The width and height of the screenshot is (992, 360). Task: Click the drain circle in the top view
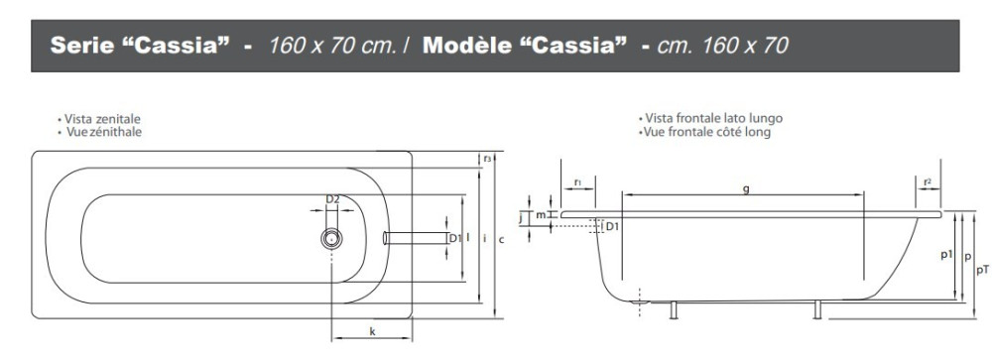331,239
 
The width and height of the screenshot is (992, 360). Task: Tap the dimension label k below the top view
372,331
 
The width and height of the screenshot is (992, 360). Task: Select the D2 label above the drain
332,199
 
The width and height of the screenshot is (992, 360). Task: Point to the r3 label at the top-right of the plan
487,159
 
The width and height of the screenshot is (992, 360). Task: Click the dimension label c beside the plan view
501,239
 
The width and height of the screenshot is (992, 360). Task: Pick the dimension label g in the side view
746,188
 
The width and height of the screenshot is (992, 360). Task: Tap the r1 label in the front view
577,182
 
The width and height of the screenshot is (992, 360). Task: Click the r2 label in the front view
928,182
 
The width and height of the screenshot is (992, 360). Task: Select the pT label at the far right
982,270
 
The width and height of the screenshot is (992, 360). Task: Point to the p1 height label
947,254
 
